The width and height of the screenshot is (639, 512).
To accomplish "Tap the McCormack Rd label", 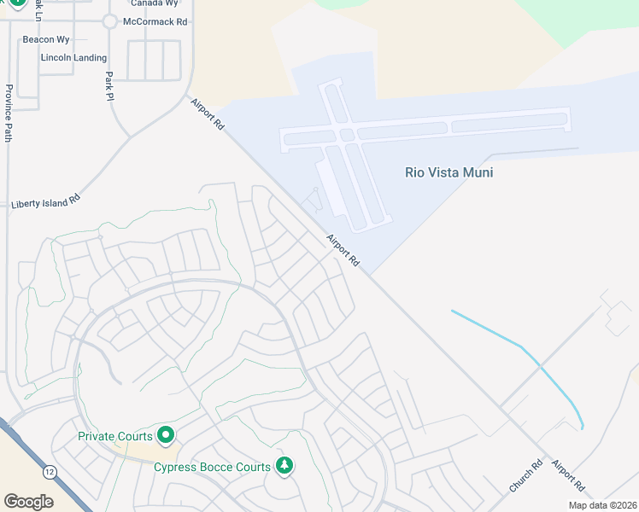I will [155, 21].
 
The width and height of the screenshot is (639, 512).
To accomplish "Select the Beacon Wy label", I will [46, 39].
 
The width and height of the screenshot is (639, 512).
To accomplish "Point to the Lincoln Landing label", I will [73, 58].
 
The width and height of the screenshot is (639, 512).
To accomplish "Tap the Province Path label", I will [8, 113].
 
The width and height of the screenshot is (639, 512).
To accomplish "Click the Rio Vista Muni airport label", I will [448, 172].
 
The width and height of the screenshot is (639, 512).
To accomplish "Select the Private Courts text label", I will [114, 436].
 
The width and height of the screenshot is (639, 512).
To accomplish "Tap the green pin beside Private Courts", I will [166, 435].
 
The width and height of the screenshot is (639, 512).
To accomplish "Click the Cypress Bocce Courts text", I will [211, 467].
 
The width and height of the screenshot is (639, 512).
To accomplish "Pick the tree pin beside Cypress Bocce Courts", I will [284, 466].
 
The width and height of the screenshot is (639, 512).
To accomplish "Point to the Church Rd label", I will [525, 476].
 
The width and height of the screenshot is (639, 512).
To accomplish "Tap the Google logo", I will [28, 502].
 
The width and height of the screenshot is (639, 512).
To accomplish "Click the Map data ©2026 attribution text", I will [602, 505].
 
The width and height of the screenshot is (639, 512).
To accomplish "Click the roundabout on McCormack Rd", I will [109, 22].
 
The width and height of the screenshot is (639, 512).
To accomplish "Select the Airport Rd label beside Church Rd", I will [568, 476].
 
